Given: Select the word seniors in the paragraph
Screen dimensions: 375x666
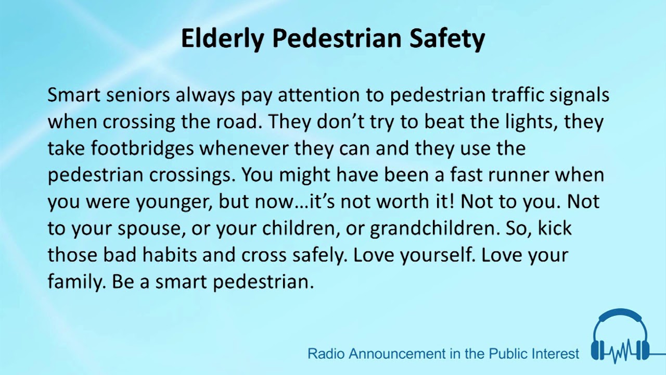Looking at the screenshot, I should click(140, 95).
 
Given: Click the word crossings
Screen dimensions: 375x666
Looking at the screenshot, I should click(193, 176).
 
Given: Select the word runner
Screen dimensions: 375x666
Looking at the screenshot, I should click(517, 175).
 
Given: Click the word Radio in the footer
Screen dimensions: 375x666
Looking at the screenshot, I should click(326, 354).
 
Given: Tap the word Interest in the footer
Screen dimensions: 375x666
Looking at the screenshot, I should click(553, 354).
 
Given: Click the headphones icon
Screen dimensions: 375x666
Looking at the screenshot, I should click(620, 336).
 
